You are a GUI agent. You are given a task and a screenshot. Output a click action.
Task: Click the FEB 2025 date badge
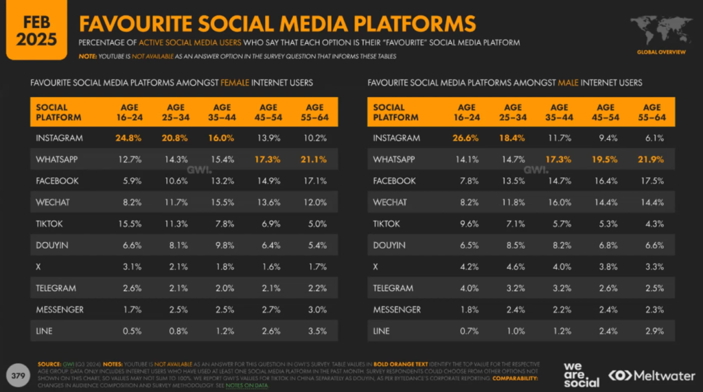(32, 29)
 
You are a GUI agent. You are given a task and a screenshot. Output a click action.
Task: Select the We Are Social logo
(582, 375)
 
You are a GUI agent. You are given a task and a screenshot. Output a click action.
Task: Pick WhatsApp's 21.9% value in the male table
(652, 160)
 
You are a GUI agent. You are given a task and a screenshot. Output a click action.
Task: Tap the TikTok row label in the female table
(50, 223)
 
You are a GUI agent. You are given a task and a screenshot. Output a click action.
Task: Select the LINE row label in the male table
(382, 331)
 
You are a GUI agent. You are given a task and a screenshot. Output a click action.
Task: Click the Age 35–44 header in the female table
(222, 112)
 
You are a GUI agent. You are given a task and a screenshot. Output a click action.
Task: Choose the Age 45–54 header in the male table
(606, 112)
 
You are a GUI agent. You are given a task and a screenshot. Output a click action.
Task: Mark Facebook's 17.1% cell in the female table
(314, 181)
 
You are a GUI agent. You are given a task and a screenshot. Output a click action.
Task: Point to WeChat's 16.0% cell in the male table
(559, 202)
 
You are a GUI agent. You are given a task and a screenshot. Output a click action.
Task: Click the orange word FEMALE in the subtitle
(235, 83)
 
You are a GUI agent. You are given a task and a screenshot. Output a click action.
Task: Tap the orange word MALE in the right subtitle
(568, 83)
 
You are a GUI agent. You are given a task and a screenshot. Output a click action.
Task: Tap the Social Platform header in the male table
(395, 112)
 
